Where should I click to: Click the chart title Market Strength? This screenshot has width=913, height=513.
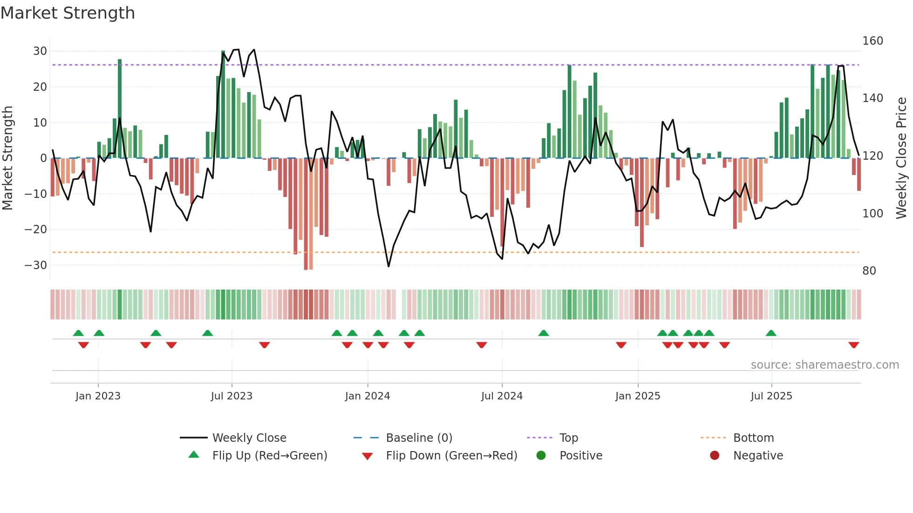pos(68,13)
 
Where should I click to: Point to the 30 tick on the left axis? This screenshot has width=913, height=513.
pos(40,51)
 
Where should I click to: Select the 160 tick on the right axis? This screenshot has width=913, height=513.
pos(872,41)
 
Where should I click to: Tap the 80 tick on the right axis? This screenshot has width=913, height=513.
pos(869,271)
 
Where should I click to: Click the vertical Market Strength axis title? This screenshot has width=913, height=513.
pos(8,158)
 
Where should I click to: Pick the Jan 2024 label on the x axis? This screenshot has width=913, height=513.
pos(368,396)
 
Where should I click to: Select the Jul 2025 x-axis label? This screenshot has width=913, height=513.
pos(771,396)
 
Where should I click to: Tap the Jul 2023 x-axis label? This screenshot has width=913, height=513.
pos(232,396)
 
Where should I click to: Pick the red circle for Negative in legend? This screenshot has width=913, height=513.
pos(715,455)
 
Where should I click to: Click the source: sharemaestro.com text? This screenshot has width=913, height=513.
pos(824,365)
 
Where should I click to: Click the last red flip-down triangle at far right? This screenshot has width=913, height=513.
pos(854,345)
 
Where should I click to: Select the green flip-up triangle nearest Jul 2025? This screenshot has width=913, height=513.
pos(771,333)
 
